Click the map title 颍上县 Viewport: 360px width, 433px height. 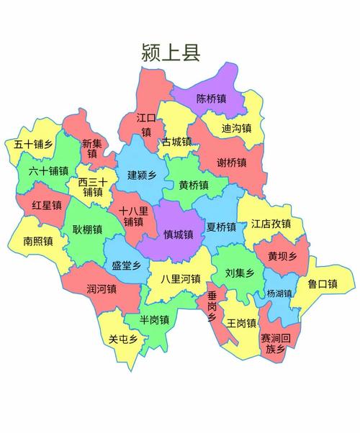pyautogui.click(x=171, y=52)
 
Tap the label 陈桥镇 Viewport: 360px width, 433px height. pyautogui.click(x=212, y=99)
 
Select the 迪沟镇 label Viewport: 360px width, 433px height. pyautogui.click(x=236, y=129)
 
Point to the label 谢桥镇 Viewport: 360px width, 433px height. pyautogui.click(x=232, y=163)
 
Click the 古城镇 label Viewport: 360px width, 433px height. pyautogui.click(x=176, y=142)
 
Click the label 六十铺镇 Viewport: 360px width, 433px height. pyautogui.click(x=48, y=171)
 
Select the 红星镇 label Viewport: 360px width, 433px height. pyautogui.click(x=45, y=206)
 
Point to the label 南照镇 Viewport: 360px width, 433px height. pyautogui.click(x=37, y=241)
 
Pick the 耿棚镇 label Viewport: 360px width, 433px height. pyautogui.click(x=87, y=229)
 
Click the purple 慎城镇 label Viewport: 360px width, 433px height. pyautogui.click(x=178, y=234)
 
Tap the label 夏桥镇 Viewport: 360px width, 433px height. pyautogui.click(x=221, y=227)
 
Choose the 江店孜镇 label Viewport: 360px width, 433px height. pyautogui.click(x=271, y=224)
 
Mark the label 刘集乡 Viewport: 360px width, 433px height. pyautogui.click(x=240, y=273)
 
